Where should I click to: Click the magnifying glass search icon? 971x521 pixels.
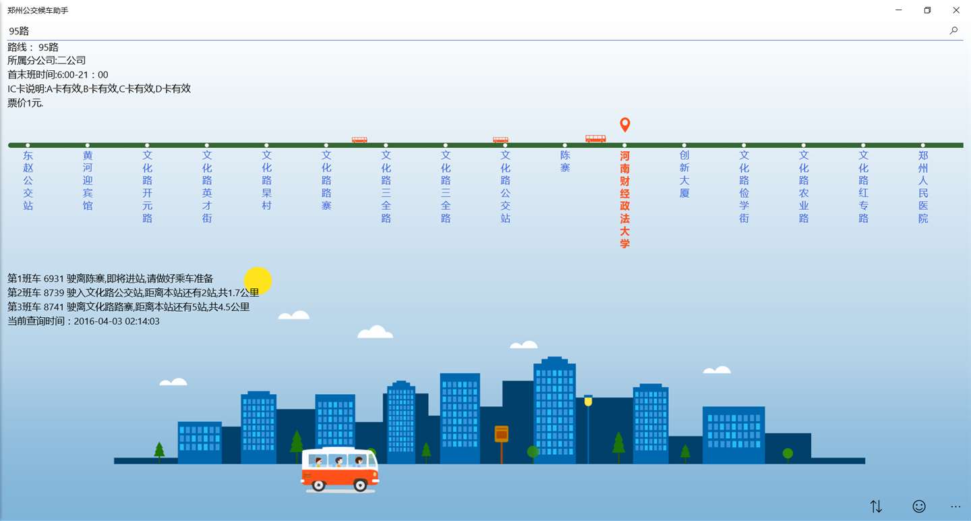point(953,30)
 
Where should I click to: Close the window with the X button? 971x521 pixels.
point(955,10)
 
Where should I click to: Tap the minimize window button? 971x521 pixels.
point(899,10)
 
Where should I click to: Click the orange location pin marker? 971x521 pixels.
point(625,125)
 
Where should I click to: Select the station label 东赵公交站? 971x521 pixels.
point(28,180)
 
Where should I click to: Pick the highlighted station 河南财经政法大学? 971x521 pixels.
point(625,199)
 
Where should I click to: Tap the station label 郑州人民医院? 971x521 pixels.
point(923,186)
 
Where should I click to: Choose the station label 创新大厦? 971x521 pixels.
point(684,174)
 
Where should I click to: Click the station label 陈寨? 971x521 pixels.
point(565,161)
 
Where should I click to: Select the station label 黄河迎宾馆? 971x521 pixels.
point(88,180)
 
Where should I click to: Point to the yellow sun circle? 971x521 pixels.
point(258,281)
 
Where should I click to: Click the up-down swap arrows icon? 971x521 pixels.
point(876,506)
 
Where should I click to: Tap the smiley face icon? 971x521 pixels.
point(919,506)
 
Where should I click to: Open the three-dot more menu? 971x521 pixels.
point(955,506)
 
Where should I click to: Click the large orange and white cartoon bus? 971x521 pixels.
point(339,469)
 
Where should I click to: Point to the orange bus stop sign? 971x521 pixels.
point(501,434)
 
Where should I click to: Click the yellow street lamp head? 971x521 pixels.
point(588,401)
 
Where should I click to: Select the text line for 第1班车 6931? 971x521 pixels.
point(111,279)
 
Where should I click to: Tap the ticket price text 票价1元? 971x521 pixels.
point(26,103)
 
